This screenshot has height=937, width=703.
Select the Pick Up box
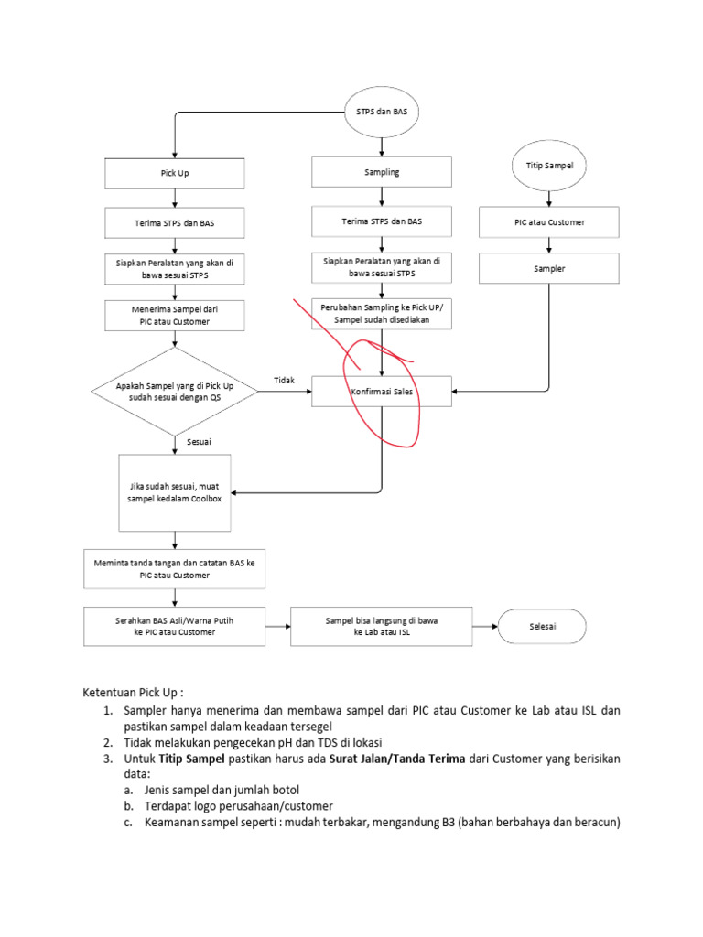pos(175,173)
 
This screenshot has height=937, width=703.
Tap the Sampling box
pos(382,172)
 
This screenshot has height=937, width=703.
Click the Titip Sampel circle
pos(549,166)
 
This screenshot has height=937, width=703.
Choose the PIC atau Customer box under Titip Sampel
pos(549,221)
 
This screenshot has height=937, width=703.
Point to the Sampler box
pos(549,269)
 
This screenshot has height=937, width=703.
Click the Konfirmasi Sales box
pos(382,392)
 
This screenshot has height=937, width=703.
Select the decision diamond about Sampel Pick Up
pos(175,392)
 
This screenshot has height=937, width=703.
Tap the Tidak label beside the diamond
pos(284,380)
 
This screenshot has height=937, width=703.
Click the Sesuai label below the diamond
pos(200,442)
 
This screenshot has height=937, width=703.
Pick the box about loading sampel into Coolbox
pos(175,492)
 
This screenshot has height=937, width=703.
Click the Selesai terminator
pos(543,627)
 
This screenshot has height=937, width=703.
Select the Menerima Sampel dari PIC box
pos(175,316)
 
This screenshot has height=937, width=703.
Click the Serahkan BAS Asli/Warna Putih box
pos(175,627)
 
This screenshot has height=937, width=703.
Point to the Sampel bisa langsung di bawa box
pos(382,627)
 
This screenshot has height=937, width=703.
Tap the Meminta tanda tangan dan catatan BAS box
pos(175,569)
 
